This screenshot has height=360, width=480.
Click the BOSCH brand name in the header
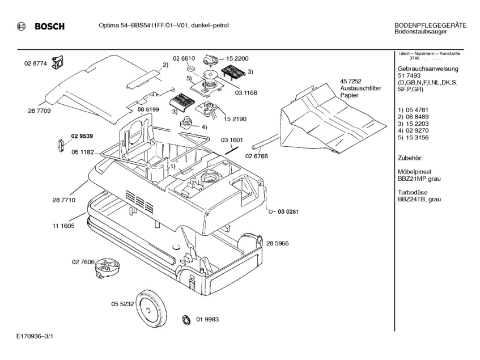50,27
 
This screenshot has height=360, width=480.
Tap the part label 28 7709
40,111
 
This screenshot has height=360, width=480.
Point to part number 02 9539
82,136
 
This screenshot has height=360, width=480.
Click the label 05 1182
83,152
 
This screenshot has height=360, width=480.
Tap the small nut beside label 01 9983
185,320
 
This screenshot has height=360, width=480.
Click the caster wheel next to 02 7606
106,266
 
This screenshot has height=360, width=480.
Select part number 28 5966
278,243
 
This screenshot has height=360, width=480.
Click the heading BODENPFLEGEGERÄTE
430,26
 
